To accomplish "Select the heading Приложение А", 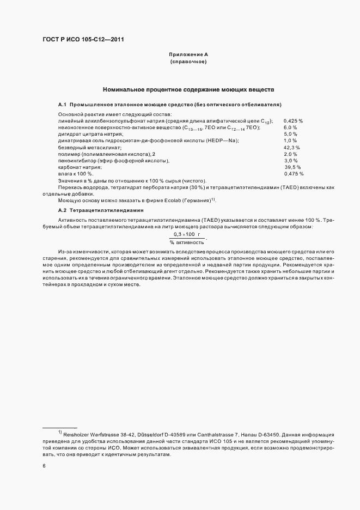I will click(188, 54).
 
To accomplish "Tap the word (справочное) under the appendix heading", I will click(188, 62).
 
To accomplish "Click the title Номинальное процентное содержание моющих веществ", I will click(188, 89).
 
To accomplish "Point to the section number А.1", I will click(62, 104).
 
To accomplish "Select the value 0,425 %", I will click(294, 120).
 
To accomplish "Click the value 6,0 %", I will click(291, 127).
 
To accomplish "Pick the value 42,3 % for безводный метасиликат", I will click(292, 147).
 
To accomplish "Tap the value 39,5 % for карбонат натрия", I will click(292, 167).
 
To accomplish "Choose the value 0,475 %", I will click(294, 174).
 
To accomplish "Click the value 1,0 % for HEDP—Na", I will click(291, 141).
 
